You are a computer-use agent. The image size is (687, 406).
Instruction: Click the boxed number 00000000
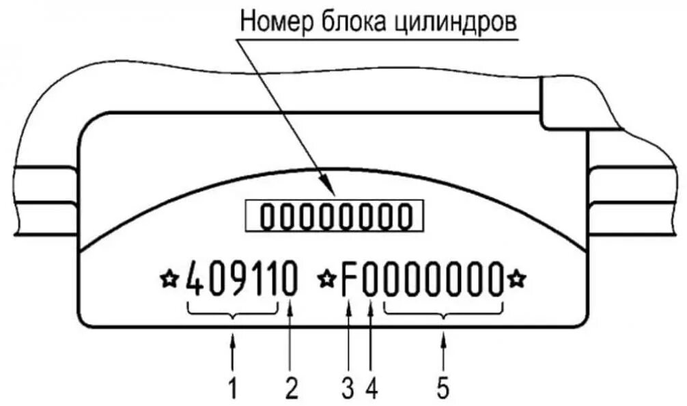(335, 218)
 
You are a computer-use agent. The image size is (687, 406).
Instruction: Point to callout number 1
(233, 388)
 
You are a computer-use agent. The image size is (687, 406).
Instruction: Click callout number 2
(292, 388)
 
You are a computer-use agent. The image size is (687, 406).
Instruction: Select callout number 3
(348, 388)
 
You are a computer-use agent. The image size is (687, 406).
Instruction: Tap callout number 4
(371, 388)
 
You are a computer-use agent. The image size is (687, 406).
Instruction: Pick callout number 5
(443, 388)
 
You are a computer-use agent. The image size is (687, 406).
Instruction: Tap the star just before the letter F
(328, 278)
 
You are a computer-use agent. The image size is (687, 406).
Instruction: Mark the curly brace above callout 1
(233, 313)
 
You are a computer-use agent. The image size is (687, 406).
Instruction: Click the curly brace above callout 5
(444, 313)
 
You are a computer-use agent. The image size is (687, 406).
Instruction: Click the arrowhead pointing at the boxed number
(328, 193)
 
